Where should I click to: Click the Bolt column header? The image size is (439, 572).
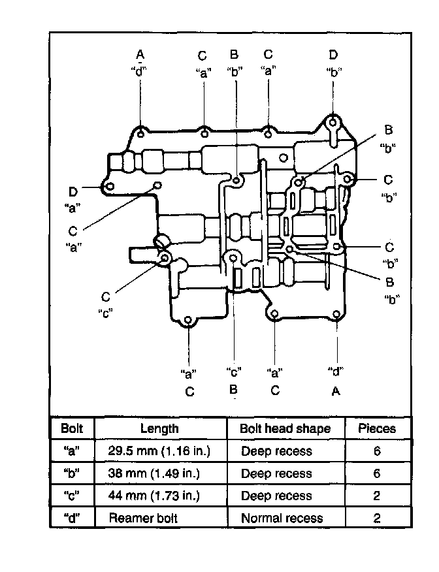(x=71, y=428)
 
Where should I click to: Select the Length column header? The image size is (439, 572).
(x=159, y=428)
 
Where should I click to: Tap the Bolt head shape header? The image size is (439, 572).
(x=285, y=428)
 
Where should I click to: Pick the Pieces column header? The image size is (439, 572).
(x=377, y=428)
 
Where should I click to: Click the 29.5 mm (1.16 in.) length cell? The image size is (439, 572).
(x=160, y=451)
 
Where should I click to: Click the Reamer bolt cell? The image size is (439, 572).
(x=142, y=518)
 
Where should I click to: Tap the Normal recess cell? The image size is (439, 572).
(x=282, y=518)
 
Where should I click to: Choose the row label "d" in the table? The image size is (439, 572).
(x=71, y=518)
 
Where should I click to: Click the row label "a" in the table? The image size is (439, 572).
(x=71, y=451)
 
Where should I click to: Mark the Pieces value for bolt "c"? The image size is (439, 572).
(x=377, y=496)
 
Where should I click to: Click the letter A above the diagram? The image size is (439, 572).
(x=140, y=53)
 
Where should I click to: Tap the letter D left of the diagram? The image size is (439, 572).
(x=73, y=191)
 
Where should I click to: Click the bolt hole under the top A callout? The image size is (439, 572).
(x=141, y=135)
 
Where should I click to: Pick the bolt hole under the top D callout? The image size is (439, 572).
(x=333, y=122)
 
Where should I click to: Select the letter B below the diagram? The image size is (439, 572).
(x=233, y=390)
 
